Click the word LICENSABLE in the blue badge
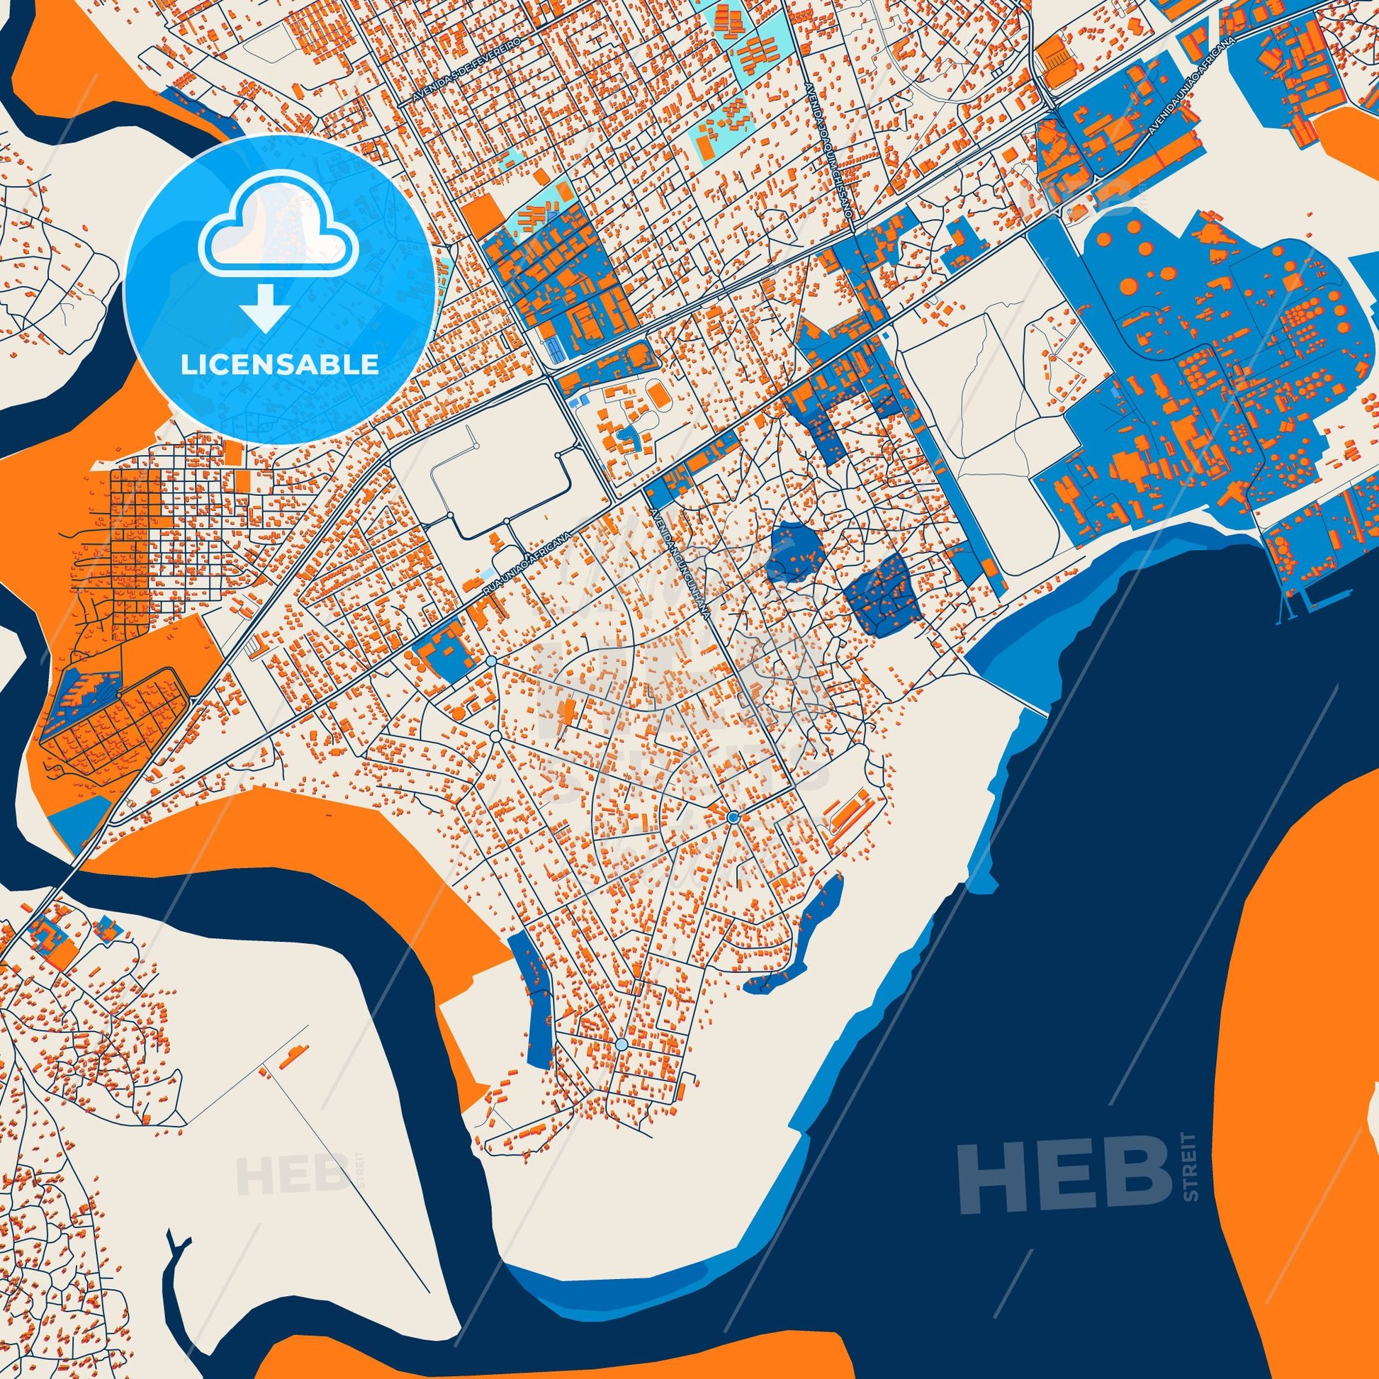tap(279, 365)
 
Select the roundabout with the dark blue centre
tap(733, 817)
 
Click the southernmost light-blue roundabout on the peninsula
tap(621, 1045)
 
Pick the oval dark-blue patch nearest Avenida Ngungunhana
tap(797, 551)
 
